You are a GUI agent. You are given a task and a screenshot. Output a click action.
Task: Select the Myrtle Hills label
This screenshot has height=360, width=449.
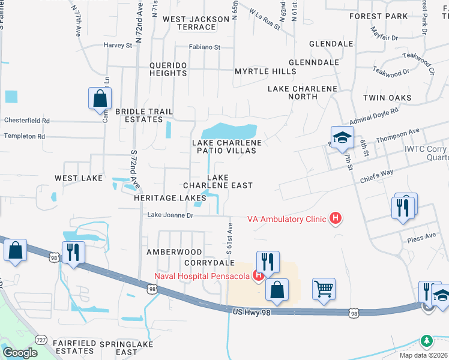[265, 71]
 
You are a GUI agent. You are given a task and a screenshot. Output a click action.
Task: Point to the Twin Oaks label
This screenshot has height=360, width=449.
[387, 97]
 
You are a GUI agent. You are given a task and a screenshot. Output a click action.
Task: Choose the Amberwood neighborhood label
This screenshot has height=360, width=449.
[175, 252]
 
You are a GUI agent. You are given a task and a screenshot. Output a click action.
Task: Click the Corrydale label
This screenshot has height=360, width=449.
[209, 263]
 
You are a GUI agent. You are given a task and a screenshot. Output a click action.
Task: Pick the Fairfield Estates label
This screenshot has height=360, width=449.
[74, 347]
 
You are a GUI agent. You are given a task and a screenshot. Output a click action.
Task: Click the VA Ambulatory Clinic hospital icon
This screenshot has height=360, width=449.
[336, 218]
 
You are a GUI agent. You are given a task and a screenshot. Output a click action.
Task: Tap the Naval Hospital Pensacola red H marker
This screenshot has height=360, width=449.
[259, 276]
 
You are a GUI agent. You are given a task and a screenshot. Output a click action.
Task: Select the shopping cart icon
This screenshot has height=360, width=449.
[324, 289]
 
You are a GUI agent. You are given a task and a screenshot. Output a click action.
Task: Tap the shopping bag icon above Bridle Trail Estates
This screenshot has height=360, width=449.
[100, 98]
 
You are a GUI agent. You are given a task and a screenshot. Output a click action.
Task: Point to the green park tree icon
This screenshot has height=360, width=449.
[426, 341]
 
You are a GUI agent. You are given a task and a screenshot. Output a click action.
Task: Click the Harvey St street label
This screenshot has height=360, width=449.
[118, 45]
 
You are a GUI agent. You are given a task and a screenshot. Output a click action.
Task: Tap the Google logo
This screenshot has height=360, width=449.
[19, 352]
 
